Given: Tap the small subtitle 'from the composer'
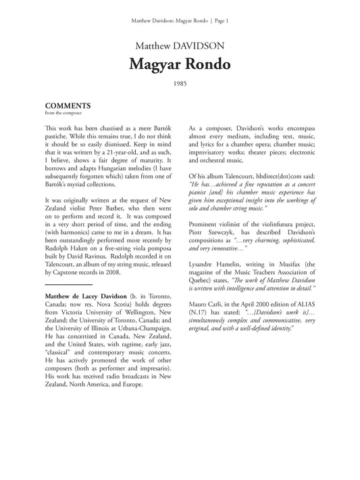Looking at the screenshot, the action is point(61,113).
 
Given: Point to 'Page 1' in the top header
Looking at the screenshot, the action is point(219,21).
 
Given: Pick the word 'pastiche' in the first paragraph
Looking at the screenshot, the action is point(59,136).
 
